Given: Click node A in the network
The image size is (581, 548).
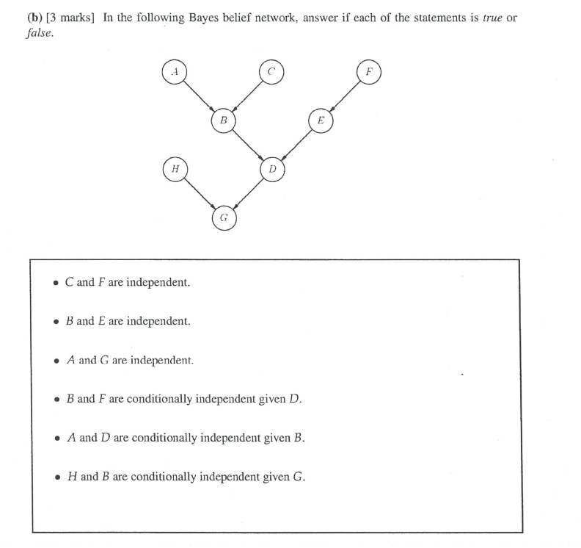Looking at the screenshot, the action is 174,73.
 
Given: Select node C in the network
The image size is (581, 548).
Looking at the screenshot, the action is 271,73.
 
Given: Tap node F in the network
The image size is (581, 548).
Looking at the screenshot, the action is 369,73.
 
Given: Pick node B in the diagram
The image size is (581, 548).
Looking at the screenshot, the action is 223,120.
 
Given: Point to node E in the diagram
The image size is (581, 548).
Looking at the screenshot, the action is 321,120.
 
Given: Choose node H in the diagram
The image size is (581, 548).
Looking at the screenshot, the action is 174,168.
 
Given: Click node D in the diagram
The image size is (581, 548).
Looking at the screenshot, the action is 271,168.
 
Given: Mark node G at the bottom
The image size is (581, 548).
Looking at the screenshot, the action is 223,217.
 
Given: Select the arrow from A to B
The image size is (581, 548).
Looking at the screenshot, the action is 198,96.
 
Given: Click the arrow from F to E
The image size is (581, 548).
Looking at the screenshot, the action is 345,96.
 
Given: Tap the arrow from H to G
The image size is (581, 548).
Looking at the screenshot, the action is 198,192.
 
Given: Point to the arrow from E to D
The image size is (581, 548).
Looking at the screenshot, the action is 296,144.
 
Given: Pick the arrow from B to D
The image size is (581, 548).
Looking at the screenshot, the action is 247,144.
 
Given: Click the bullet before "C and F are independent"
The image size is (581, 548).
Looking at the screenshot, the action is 56,283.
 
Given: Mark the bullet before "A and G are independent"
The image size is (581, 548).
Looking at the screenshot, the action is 56,361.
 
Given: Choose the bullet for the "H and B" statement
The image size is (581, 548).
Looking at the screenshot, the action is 56,477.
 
